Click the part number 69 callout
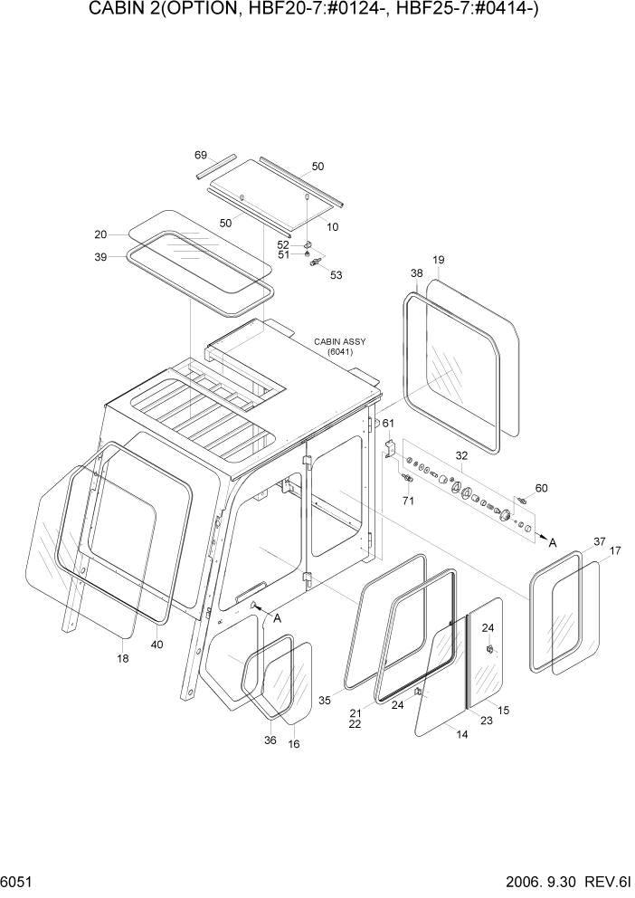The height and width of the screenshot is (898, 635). [201, 155]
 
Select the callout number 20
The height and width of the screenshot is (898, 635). [100, 234]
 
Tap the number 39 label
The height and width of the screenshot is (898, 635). [100, 257]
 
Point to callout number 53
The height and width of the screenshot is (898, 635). [336, 275]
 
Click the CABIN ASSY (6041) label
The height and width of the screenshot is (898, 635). [334, 347]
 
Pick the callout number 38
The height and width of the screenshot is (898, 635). [416, 272]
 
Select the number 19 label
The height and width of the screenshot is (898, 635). [438, 261]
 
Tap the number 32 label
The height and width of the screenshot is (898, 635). [461, 456]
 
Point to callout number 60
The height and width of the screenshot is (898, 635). [541, 488]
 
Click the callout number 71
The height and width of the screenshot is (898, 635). [407, 500]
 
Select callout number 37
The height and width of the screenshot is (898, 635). [599, 541]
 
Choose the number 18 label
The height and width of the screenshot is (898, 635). [123, 658]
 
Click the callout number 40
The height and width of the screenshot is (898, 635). [159, 645]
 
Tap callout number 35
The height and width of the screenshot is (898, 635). [325, 700]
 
